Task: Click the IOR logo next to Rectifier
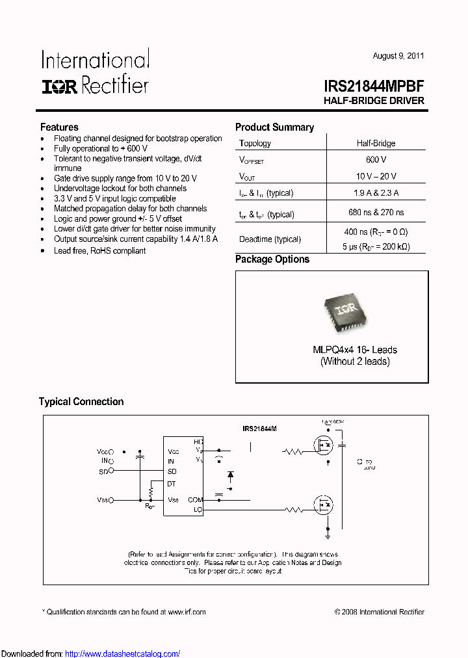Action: [x=60, y=86]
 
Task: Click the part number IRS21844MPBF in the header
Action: [x=374, y=86]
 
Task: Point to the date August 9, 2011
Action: [x=398, y=56]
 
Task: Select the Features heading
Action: [x=59, y=127]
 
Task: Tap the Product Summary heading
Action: [x=274, y=127]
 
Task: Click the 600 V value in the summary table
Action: [x=376, y=159]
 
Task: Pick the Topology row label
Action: [x=255, y=143]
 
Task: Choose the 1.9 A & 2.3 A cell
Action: [x=376, y=192]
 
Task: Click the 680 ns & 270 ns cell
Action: [x=376, y=212]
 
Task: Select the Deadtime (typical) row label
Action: [x=270, y=239]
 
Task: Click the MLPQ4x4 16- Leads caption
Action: [x=355, y=350]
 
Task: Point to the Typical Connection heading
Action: [x=81, y=402]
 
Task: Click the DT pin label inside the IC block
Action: [x=172, y=484]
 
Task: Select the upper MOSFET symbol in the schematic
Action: [x=323, y=447]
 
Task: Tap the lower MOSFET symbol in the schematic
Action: [x=323, y=505]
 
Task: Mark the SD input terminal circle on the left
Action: [x=111, y=470]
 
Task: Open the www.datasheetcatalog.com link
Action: [x=123, y=653]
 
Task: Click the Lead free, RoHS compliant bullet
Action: [x=99, y=250]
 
